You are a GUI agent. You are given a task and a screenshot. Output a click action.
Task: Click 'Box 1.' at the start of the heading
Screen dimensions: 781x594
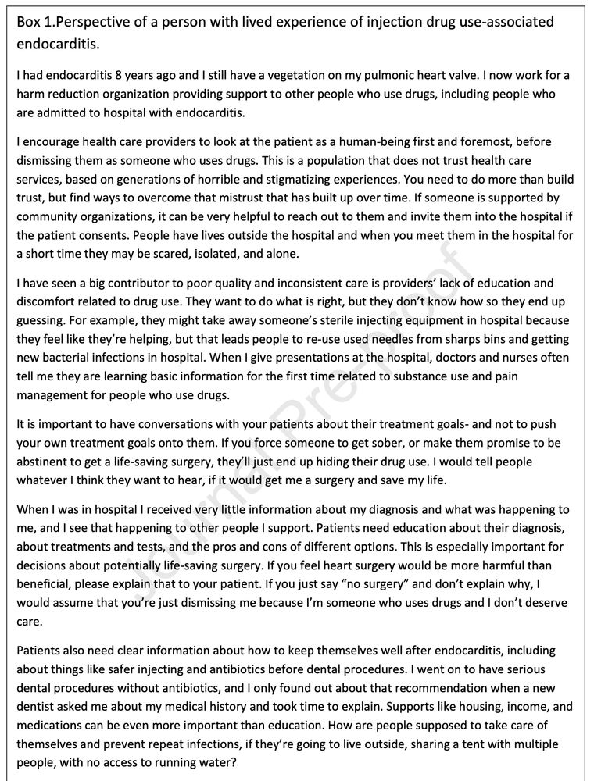click(35, 22)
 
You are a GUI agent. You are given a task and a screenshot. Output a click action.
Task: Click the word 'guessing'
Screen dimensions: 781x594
click(40, 320)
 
